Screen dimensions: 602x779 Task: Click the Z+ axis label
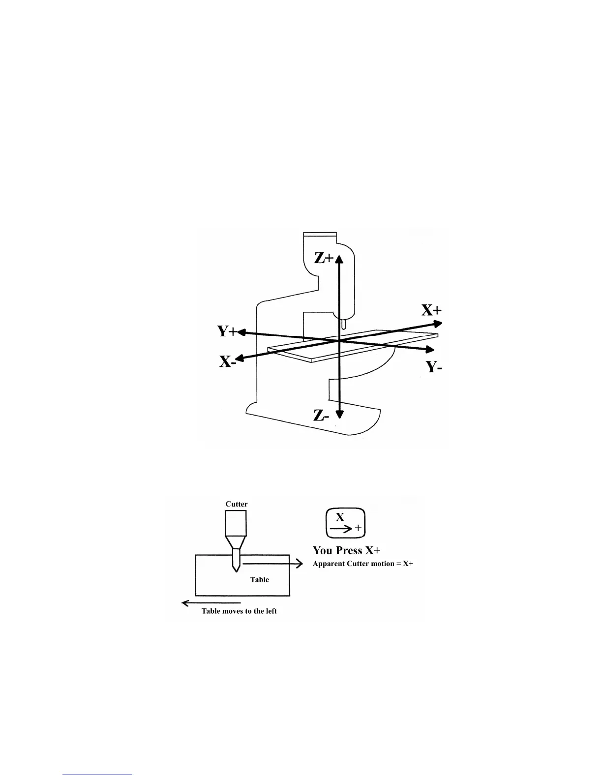point(324,257)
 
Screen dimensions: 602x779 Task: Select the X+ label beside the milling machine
point(431,310)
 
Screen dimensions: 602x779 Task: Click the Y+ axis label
point(227,331)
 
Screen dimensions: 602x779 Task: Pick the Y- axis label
point(434,366)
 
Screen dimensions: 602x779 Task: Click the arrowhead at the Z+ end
point(339,257)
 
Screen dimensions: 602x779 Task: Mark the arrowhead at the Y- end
point(430,349)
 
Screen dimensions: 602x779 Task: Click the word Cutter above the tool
point(237,504)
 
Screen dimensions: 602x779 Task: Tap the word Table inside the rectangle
point(260,580)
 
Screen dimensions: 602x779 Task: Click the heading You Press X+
point(347,550)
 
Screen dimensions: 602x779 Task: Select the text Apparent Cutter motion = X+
point(363,564)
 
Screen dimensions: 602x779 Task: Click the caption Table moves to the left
point(239,611)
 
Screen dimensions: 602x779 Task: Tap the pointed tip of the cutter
point(236,570)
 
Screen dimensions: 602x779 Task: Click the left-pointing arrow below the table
point(211,603)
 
